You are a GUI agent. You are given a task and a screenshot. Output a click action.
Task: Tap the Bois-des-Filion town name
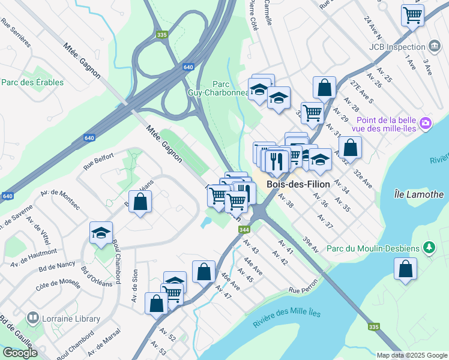click(x=298, y=184)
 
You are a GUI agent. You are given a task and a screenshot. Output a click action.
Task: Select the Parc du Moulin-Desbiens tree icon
click(x=429, y=247)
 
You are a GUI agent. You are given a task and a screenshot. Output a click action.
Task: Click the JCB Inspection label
click(x=399, y=46)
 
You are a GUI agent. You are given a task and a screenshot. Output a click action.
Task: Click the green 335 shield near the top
click(x=160, y=35)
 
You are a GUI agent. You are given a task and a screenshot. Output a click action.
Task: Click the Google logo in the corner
click(x=19, y=353)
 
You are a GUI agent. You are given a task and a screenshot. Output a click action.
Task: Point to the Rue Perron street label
click(x=302, y=290)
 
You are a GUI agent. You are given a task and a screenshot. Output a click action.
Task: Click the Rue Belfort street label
click(x=98, y=161)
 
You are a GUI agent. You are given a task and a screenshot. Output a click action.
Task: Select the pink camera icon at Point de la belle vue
click(x=426, y=123)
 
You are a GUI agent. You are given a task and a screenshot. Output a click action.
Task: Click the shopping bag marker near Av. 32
click(x=350, y=147)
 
